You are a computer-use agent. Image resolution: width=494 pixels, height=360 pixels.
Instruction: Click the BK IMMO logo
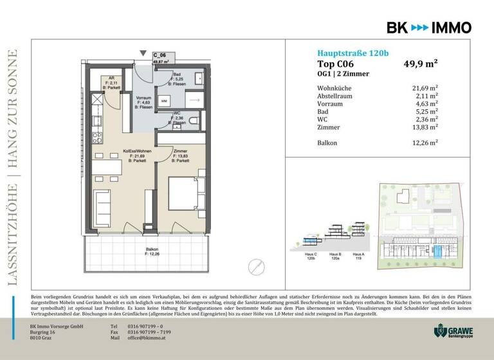[x=428, y=28]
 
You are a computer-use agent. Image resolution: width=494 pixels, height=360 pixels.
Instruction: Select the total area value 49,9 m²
[x=420, y=64]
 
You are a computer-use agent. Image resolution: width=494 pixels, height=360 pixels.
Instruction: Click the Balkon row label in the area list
[x=327, y=142]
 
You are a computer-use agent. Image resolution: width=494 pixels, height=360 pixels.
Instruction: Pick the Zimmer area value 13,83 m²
[x=425, y=127]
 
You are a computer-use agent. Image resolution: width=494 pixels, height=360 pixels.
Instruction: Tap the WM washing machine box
[x=165, y=102]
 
